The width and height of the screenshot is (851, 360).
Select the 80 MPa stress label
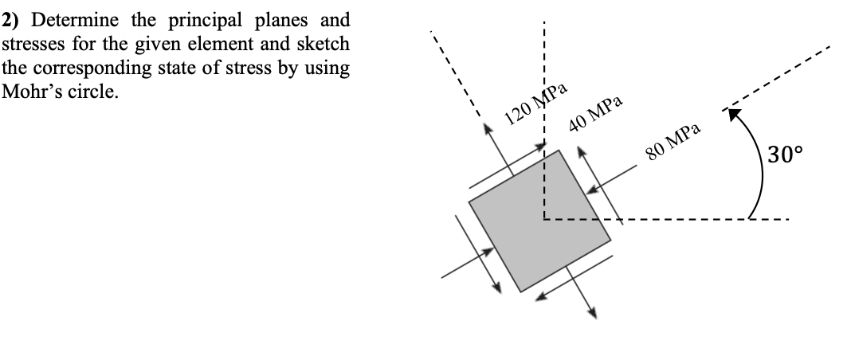point(673,143)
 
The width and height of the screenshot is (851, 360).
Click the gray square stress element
point(540,220)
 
